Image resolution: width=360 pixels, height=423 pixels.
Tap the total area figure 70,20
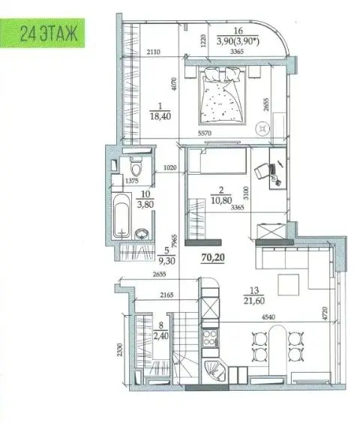tap(213, 258)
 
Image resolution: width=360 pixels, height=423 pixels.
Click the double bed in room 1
tap(222, 96)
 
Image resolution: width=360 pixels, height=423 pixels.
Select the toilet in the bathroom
tap(136, 167)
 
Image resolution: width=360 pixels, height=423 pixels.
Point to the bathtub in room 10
tap(121, 216)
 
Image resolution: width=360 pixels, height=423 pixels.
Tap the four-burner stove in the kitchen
tap(210, 337)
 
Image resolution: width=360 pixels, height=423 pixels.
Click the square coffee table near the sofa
tap(289, 284)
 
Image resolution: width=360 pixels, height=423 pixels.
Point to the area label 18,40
tap(160, 116)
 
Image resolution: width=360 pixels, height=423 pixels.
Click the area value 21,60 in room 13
tap(254, 301)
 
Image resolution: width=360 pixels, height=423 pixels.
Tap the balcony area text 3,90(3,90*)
tap(238, 41)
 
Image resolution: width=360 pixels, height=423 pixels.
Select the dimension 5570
tap(205, 133)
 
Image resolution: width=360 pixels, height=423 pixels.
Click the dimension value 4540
tap(268, 317)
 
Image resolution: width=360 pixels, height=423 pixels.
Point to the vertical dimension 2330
tap(120, 350)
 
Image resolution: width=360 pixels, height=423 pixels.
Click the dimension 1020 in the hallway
tap(170, 167)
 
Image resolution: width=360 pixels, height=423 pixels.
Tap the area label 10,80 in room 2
tap(221, 200)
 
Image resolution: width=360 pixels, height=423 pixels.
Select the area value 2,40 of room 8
tap(160, 336)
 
